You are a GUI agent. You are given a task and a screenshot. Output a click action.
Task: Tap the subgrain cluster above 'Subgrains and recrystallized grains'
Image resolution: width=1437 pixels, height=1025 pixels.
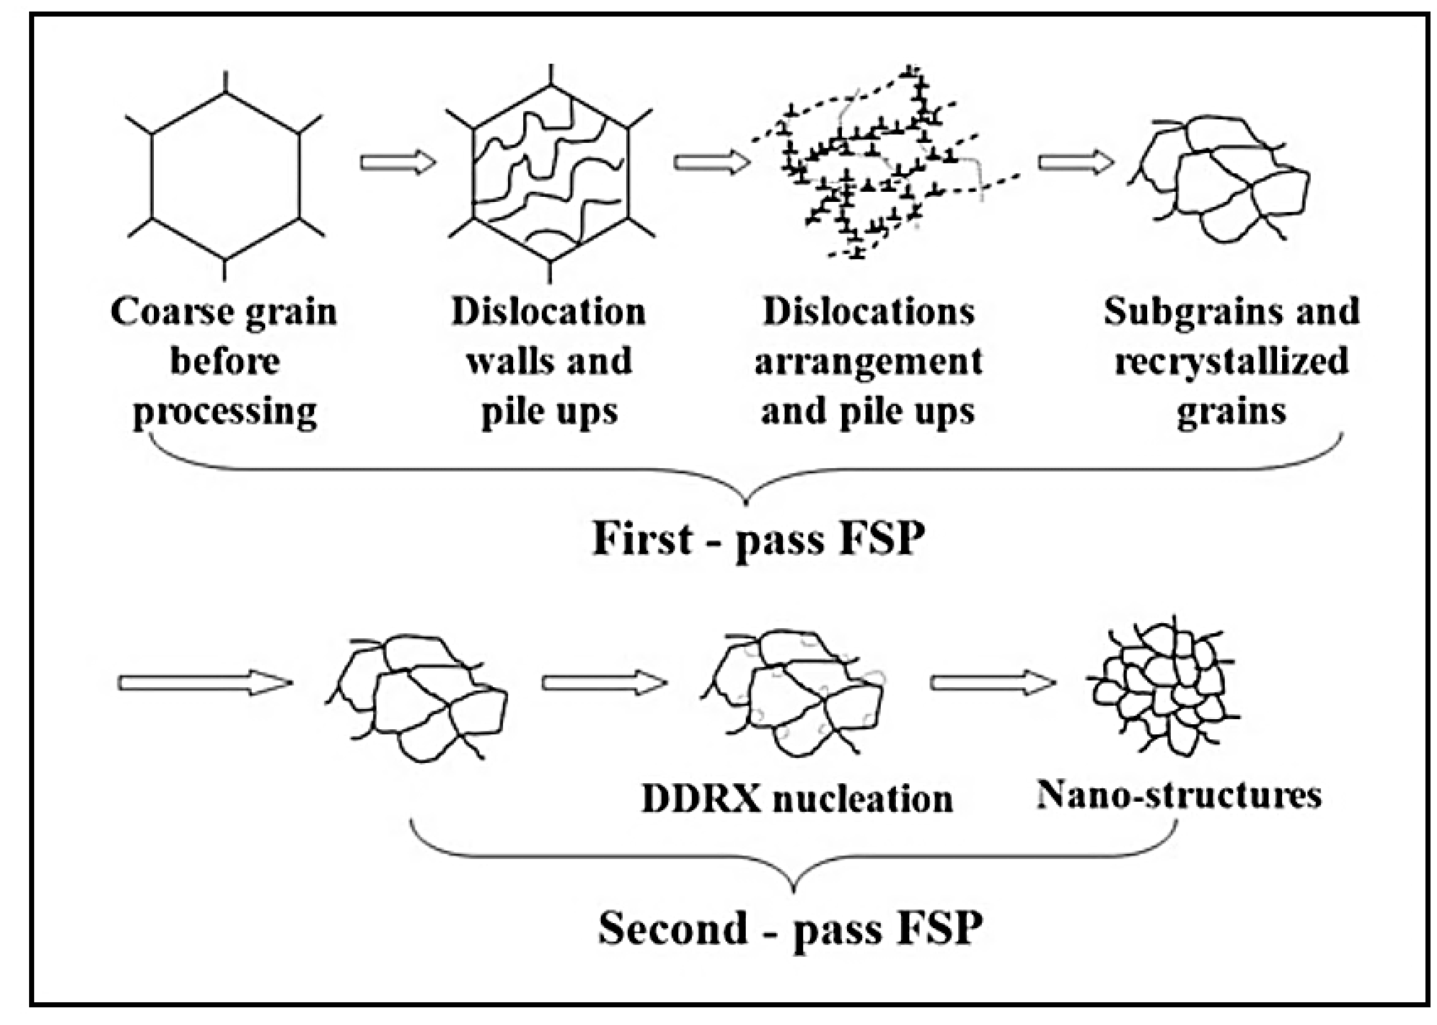[x=1221, y=180]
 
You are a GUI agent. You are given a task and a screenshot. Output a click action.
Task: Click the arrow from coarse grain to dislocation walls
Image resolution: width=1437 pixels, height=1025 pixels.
[x=398, y=162]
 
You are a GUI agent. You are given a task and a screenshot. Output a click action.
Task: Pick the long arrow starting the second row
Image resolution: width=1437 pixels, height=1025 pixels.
[x=205, y=682]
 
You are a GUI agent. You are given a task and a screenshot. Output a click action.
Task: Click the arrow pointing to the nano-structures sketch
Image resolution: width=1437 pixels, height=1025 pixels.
[x=992, y=682]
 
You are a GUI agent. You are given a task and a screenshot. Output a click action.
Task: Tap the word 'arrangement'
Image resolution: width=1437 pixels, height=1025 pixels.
[x=868, y=362]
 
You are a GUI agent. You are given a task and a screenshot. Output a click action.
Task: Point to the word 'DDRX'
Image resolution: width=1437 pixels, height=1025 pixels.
[x=701, y=799]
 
